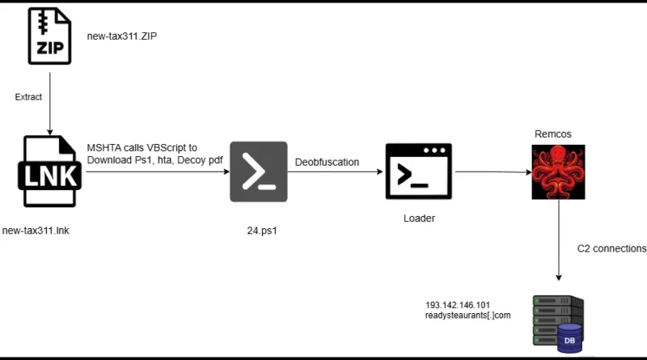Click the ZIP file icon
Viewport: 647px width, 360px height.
pos(49,36)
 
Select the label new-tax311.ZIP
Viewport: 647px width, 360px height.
pos(122,36)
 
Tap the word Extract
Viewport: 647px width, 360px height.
pos(28,97)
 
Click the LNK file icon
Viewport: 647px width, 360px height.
pos(49,172)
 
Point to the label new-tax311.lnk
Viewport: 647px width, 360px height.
pos(36,231)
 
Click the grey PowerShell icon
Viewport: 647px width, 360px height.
pos(259,172)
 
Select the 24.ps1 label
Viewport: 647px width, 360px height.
pos(262,231)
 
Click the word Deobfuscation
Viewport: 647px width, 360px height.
pos(327,163)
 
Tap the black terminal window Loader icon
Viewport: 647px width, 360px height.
pos(418,172)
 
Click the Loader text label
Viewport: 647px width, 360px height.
pos(419,218)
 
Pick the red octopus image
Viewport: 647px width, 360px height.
pos(558,172)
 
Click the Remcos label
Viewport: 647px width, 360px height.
pos(553,134)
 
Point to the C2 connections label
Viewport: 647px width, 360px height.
pos(611,248)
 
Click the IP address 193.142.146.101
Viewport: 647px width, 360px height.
pos(458,305)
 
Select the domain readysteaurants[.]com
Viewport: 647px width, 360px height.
pos(468,316)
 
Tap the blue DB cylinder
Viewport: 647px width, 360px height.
pos(569,338)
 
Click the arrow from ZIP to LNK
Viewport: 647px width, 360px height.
pos(50,104)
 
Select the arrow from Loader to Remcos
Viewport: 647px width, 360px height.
pos(493,172)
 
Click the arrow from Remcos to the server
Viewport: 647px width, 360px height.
pos(559,240)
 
